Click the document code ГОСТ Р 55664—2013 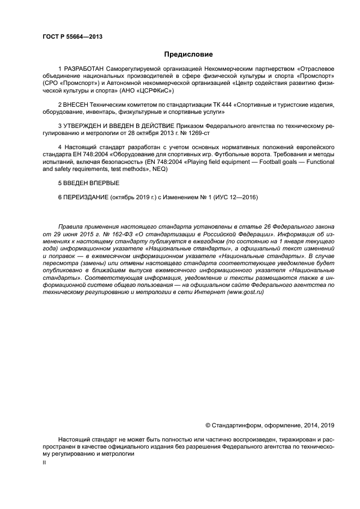72,36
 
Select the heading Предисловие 188,54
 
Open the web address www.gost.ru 243,292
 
